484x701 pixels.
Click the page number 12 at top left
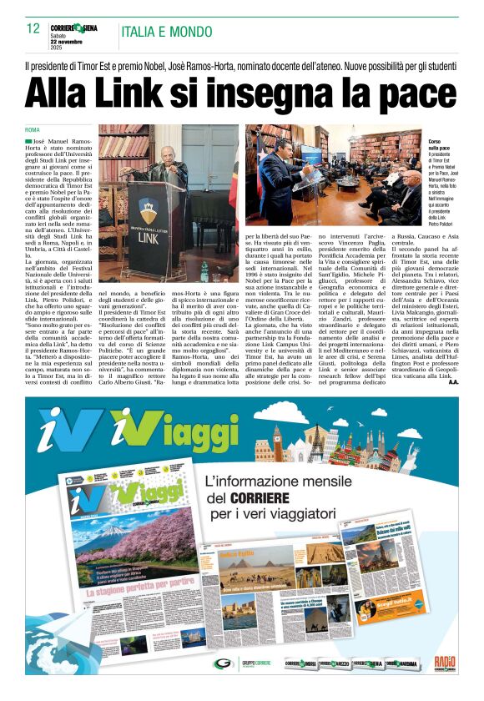click(x=33, y=29)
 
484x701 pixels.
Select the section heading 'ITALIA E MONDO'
click(x=167, y=33)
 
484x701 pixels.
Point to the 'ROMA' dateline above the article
click(x=33, y=130)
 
